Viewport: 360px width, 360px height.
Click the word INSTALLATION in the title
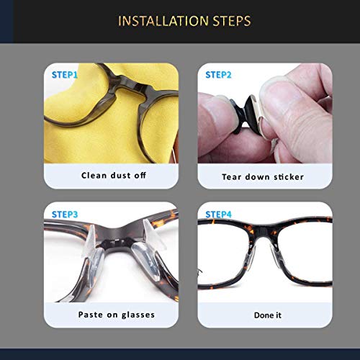(x=157, y=20)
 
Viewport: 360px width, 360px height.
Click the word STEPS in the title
(x=226, y=20)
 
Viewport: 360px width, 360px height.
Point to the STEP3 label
(x=66, y=214)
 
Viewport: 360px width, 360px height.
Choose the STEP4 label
(x=219, y=214)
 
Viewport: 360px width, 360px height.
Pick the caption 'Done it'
(x=264, y=315)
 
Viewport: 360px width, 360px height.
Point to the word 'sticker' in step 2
(x=287, y=176)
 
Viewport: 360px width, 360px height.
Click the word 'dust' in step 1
(x=116, y=176)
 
